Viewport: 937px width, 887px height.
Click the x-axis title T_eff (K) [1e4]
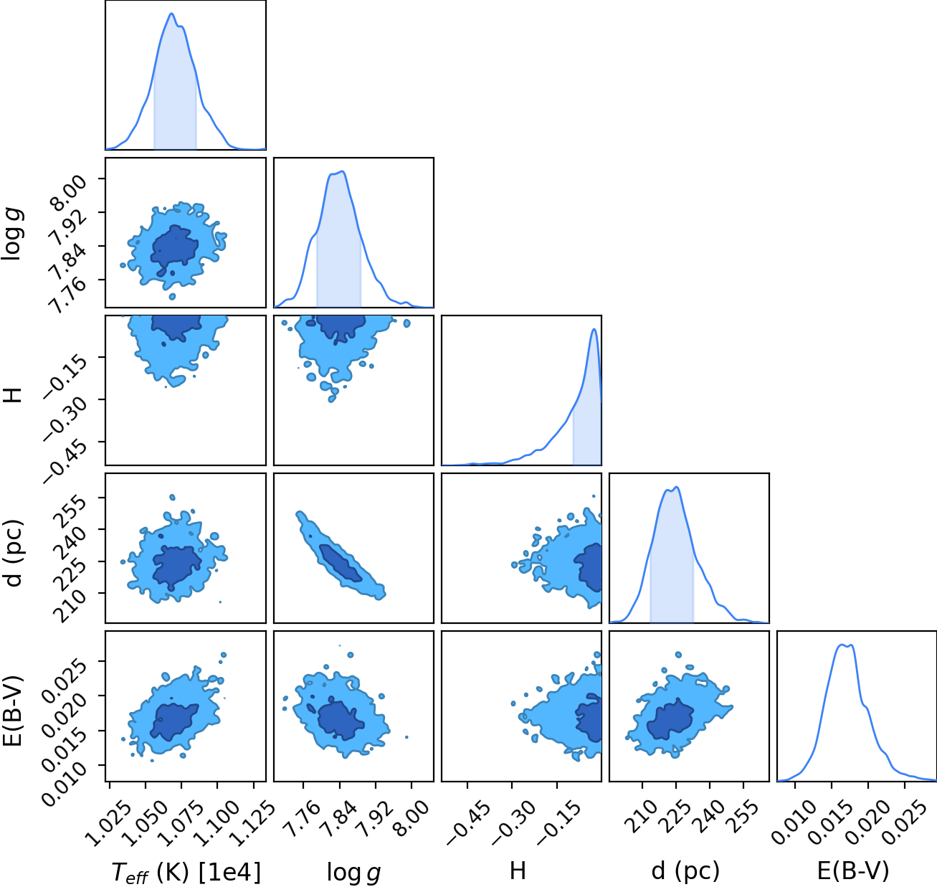[x=186, y=872]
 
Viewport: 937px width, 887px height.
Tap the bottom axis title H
[x=518, y=871]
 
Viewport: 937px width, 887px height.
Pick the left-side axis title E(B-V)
[x=14, y=711]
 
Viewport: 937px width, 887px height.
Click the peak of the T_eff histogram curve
[x=171, y=13]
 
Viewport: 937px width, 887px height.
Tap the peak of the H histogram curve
[x=594, y=328]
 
